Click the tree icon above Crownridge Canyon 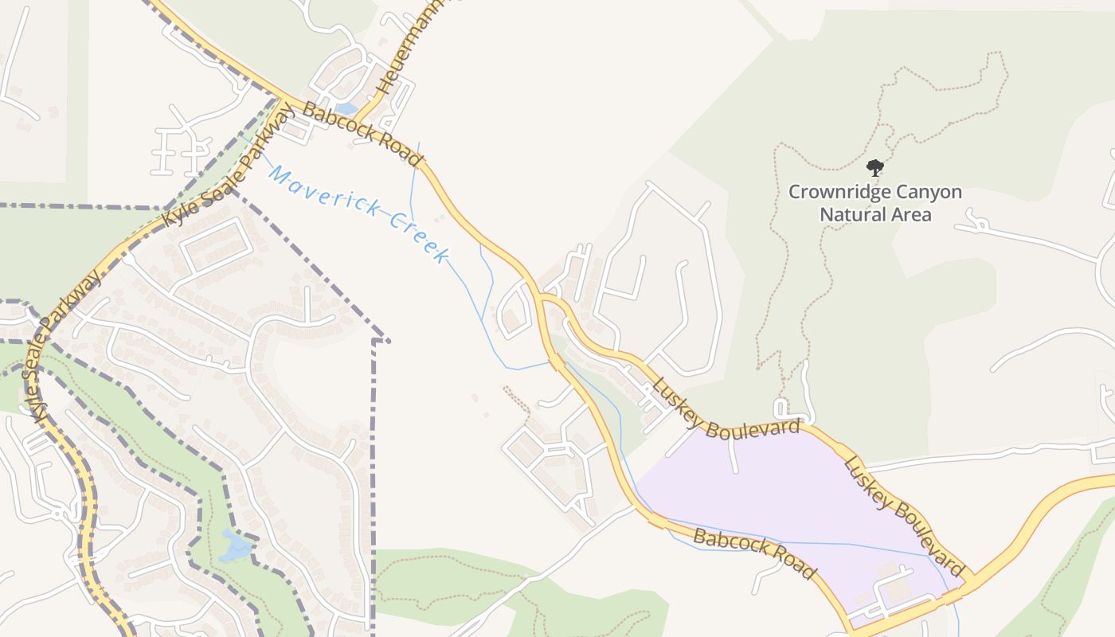tap(875, 168)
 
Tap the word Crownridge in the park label tap(835, 193)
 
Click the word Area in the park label tap(912, 214)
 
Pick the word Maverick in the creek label tap(322, 193)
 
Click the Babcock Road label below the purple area tap(754, 553)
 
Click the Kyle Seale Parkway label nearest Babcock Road tap(227, 173)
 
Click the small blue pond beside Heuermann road tap(346, 108)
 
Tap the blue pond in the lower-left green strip tap(235, 545)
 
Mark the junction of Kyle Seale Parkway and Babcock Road tap(281, 101)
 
